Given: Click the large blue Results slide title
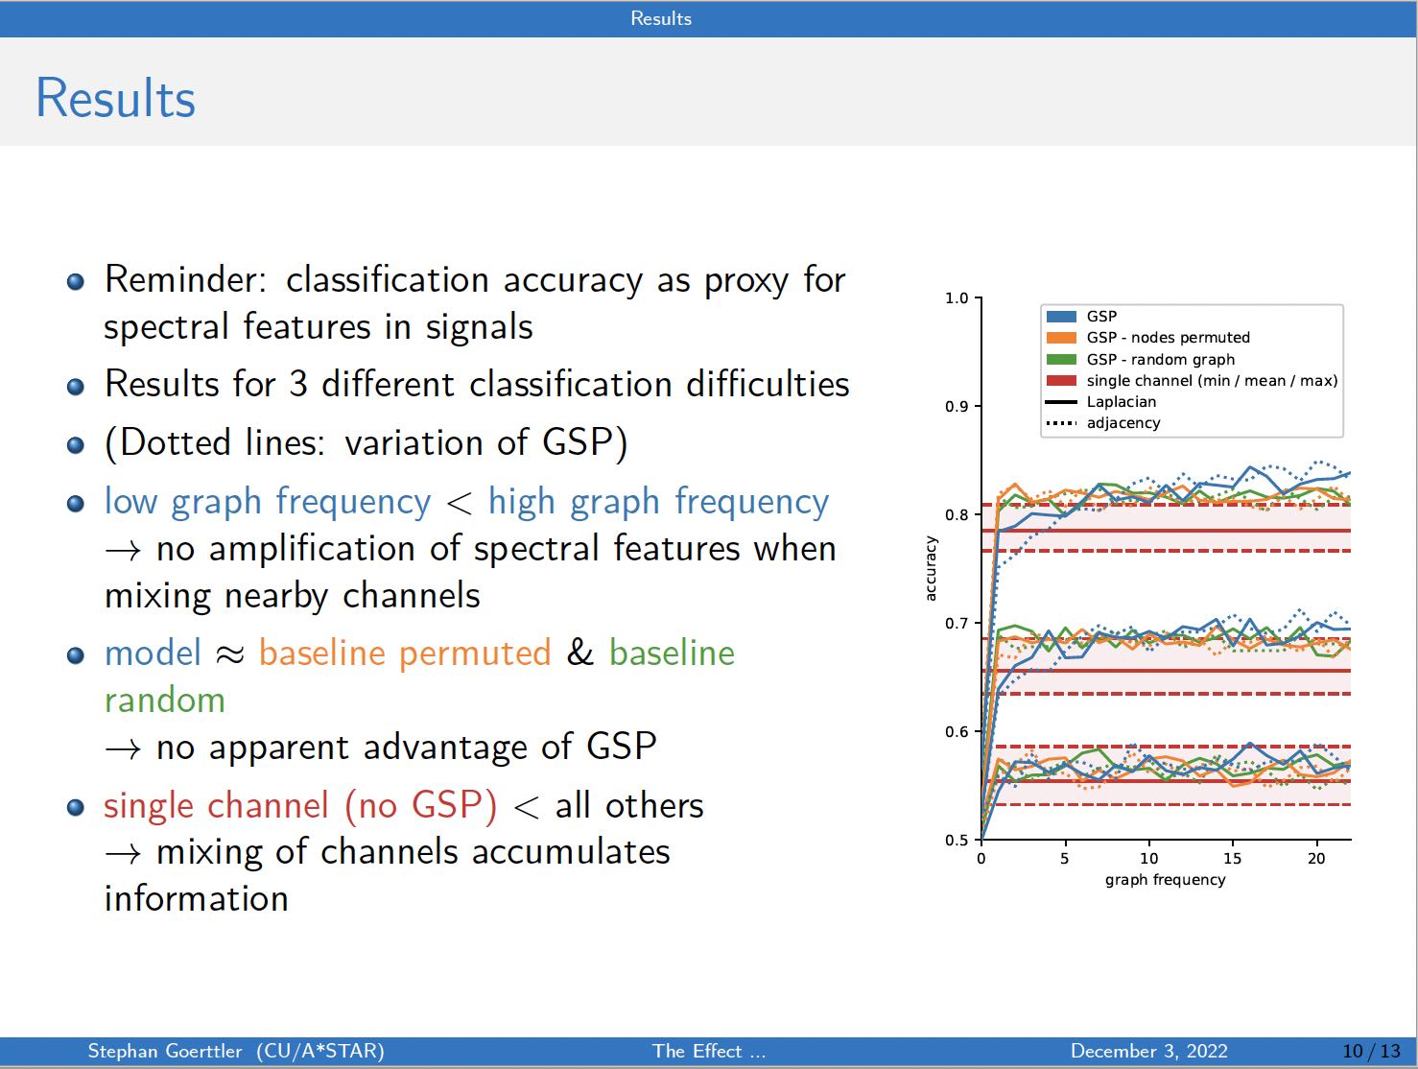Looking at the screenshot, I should (115, 98).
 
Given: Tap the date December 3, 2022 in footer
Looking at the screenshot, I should (1148, 1051).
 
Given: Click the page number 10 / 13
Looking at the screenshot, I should (1371, 1051).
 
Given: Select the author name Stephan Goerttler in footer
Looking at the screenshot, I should (164, 1051).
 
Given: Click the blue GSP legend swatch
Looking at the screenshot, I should (1061, 317).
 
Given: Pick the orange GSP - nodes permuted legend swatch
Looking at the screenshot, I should (1061, 338).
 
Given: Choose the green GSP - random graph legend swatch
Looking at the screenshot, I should (1061, 360).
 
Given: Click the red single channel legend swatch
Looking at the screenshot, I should (1061, 381).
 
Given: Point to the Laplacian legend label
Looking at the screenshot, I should (1121, 402).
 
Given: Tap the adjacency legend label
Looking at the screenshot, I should (1123, 423).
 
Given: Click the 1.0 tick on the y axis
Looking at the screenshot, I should (957, 298).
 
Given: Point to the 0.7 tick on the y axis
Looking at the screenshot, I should (957, 624).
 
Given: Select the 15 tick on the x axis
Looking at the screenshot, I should (1232, 859).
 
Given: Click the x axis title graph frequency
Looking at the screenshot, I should (1165, 880).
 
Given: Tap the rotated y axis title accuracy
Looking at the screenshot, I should (930, 569).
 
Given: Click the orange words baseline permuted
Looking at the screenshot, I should (404, 653).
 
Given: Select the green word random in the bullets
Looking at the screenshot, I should (164, 701).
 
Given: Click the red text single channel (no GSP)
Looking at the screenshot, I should (300, 805).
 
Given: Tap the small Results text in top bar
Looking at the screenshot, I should (660, 18).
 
